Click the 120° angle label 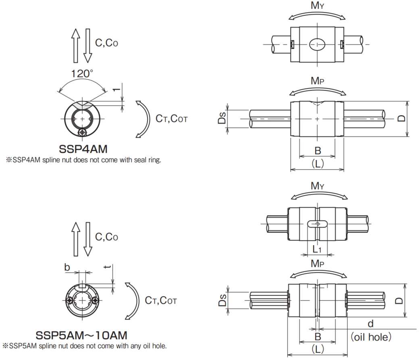pyautogui.click(x=82, y=73)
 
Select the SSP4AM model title pyautogui.click(x=83, y=149)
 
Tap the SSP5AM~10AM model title pyautogui.click(x=81, y=335)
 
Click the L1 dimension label pyautogui.click(x=317, y=250)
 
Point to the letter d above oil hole pyautogui.click(x=370, y=324)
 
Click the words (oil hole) pyautogui.click(x=371, y=337)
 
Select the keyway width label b pyautogui.click(x=67, y=267)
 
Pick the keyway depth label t pyautogui.click(x=108, y=267)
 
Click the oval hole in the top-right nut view pyautogui.click(x=317, y=44)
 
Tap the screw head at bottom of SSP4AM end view pyautogui.click(x=83, y=132)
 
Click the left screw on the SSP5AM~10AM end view pyautogui.click(x=69, y=300)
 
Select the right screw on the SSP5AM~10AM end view pyautogui.click(x=95, y=300)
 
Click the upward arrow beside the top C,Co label pyautogui.click(x=76, y=46)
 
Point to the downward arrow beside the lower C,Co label pyautogui.click(x=87, y=239)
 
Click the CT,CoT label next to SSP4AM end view pyautogui.click(x=172, y=119)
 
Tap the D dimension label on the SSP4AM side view pyautogui.click(x=401, y=118)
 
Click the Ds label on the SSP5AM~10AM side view pyautogui.click(x=222, y=300)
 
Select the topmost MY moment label pyautogui.click(x=317, y=5)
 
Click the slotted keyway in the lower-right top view pyautogui.click(x=317, y=224)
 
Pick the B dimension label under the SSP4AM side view pyautogui.click(x=318, y=150)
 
